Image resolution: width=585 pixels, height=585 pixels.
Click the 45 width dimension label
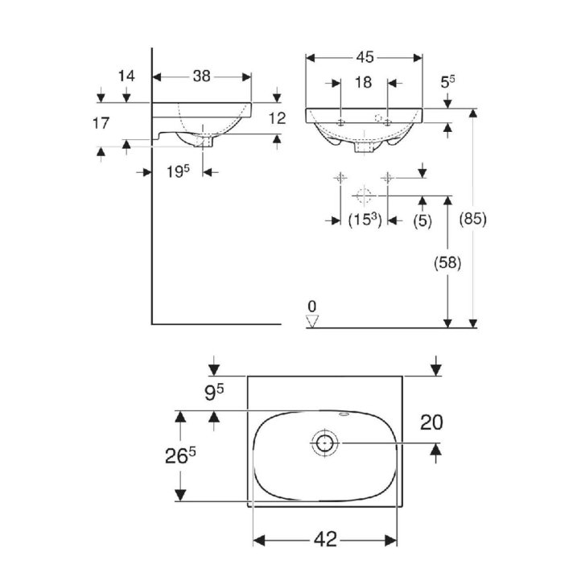click(365, 57)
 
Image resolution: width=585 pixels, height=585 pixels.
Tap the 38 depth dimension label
click(202, 76)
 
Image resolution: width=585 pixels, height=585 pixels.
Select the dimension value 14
click(126, 76)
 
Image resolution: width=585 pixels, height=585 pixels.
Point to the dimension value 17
click(101, 123)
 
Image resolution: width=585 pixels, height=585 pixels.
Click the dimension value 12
click(277, 118)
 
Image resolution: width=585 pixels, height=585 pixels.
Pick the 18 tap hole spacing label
click(363, 82)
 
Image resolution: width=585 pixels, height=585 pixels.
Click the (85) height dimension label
click(472, 219)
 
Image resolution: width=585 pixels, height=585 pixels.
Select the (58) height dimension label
click(447, 263)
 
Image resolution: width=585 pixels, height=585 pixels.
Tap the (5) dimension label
click(422, 220)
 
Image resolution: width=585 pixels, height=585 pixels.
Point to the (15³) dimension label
click(365, 220)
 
